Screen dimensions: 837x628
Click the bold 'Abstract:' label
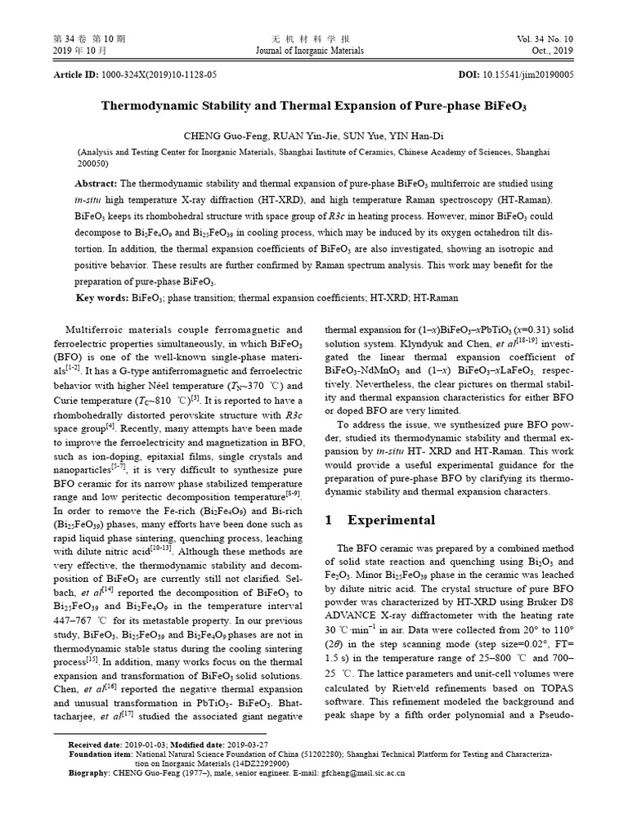click(x=97, y=184)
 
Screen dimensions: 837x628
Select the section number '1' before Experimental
click(x=329, y=520)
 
